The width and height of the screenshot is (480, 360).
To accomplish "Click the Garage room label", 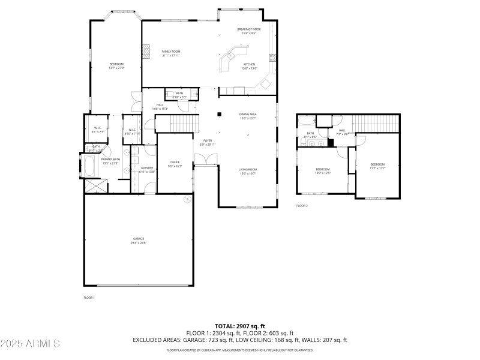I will click(x=139, y=241).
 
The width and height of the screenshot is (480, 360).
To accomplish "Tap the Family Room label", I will click(x=171, y=53).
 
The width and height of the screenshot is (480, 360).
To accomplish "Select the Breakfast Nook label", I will click(x=248, y=31).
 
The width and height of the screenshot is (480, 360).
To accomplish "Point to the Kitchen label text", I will click(x=249, y=66).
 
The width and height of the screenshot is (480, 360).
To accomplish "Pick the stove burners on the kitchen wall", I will click(x=272, y=58).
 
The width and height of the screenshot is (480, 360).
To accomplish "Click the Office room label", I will click(x=175, y=164).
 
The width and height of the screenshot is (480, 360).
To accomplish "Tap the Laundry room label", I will click(x=147, y=170).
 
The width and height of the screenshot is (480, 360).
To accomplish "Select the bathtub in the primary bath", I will click(x=89, y=166).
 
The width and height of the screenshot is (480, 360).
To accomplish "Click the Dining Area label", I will click(x=248, y=116).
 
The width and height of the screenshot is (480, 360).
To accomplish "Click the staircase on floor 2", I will click(x=375, y=122).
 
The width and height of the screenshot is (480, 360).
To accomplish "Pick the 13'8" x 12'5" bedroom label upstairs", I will click(x=323, y=171).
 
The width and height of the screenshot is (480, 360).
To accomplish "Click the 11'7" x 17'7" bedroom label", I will click(x=377, y=166).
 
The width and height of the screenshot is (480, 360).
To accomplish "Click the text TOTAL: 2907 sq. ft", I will click(x=239, y=326).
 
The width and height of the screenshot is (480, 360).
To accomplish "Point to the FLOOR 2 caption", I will click(x=302, y=206).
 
